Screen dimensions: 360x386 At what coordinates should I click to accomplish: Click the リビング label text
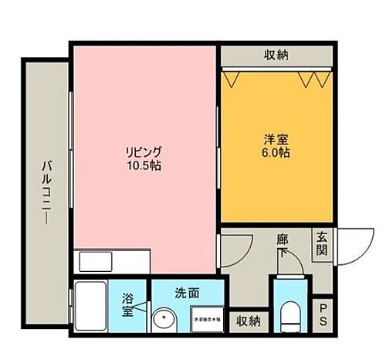click(x=144, y=151)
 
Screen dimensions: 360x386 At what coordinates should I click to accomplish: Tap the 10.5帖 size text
click(x=144, y=165)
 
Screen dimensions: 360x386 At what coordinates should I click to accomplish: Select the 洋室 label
click(x=276, y=139)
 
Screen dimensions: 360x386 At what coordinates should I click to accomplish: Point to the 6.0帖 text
click(x=276, y=153)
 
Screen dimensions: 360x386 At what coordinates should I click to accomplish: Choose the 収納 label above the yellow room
click(x=276, y=55)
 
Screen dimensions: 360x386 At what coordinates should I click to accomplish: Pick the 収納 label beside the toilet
click(x=248, y=319)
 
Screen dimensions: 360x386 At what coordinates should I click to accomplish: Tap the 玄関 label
click(x=322, y=245)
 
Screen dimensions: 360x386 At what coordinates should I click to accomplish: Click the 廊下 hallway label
click(x=283, y=240)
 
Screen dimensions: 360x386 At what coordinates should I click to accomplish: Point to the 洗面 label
click(x=187, y=294)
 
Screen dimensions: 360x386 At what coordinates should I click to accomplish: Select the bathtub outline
click(x=93, y=307)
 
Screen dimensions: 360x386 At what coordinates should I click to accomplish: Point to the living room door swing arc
click(x=232, y=249)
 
